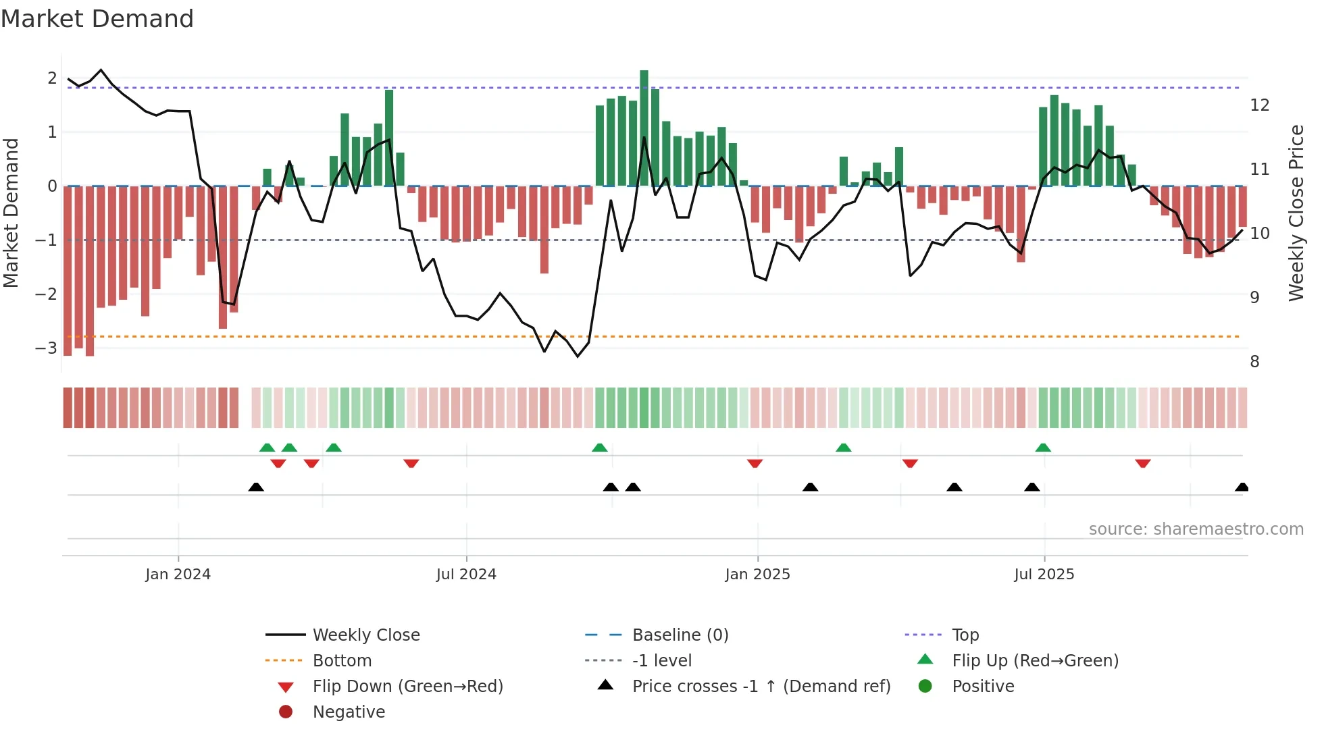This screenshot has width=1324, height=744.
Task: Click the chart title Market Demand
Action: pos(97,19)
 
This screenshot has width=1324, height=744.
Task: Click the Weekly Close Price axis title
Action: pos(1296,213)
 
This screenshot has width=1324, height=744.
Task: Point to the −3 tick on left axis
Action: pos(46,348)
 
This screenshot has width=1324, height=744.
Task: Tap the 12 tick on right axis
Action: pos(1259,105)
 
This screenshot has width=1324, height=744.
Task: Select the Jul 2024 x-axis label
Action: pos(466,575)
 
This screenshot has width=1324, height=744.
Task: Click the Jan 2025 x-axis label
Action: pos(757,575)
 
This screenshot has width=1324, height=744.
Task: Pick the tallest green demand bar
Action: pos(644,128)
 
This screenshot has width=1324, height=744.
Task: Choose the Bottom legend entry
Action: pos(342,661)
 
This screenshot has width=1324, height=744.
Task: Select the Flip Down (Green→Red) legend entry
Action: pos(407,687)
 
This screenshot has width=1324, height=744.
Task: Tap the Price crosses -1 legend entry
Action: pos(761,687)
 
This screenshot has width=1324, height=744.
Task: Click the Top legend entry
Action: pos(965,635)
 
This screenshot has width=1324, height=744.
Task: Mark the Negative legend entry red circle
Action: pos(286,712)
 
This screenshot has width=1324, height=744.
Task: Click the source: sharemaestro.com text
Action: pos(1196,529)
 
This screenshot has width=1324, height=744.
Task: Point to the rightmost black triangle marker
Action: pos(1242,487)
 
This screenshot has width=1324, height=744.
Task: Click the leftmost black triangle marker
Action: pos(256,487)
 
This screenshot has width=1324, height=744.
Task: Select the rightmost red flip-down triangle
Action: pos(1142,463)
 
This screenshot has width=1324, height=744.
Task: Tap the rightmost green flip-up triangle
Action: pos(1043,448)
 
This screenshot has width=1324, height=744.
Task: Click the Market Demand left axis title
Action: pos(11,213)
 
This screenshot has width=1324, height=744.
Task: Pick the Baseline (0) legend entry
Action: pos(680,635)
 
